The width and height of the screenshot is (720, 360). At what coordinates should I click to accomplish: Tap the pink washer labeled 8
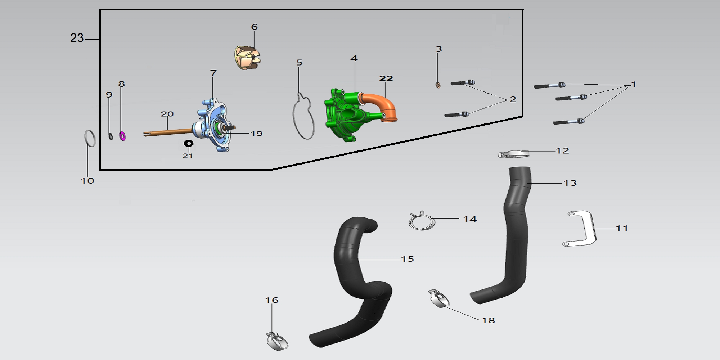click(122, 136)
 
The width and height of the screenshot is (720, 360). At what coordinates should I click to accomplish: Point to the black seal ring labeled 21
click(188, 144)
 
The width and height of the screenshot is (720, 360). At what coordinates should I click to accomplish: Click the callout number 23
click(77, 38)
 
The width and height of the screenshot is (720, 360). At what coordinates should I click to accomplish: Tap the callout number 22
click(386, 78)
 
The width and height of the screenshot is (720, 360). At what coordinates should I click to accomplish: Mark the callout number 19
click(256, 134)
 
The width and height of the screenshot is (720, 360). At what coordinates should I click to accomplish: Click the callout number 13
click(570, 183)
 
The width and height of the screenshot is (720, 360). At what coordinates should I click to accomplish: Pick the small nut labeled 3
click(438, 85)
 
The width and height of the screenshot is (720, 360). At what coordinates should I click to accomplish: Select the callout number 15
click(408, 259)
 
